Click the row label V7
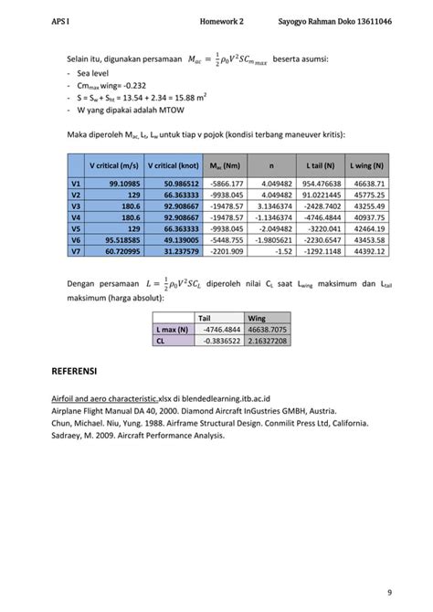(x=76, y=250)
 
